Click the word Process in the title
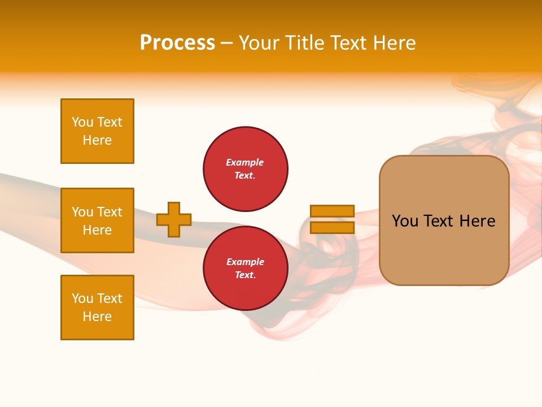(177, 43)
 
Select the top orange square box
(97, 131)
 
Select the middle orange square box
(97, 220)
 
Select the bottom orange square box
(97, 308)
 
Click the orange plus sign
(174, 219)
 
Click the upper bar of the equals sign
(332, 211)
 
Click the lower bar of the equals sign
(332, 228)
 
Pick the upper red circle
(246, 168)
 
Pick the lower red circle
(246, 268)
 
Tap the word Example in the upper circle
(244, 162)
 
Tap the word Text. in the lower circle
(245, 275)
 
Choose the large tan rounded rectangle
(444, 220)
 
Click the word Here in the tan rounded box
(477, 221)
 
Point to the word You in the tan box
(405, 221)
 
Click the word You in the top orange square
(82, 122)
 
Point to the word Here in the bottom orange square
(97, 317)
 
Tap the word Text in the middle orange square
(110, 212)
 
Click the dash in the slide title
(227, 44)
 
